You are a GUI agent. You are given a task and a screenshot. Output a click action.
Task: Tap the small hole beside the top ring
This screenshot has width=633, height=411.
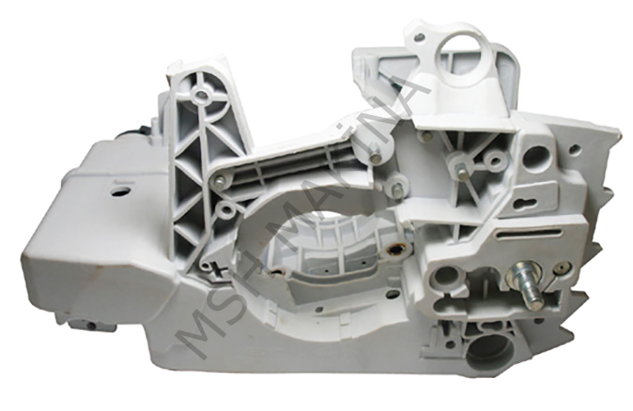pyautogui.click(x=417, y=37)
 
